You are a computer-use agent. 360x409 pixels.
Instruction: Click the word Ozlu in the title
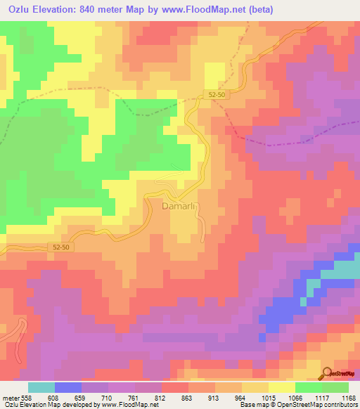[x=22, y=10]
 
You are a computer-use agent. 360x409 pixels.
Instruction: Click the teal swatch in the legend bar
[x=41, y=387]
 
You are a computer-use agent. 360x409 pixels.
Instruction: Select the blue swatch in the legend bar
[x=68, y=387]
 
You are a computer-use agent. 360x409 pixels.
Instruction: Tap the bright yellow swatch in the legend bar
[x=282, y=387]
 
